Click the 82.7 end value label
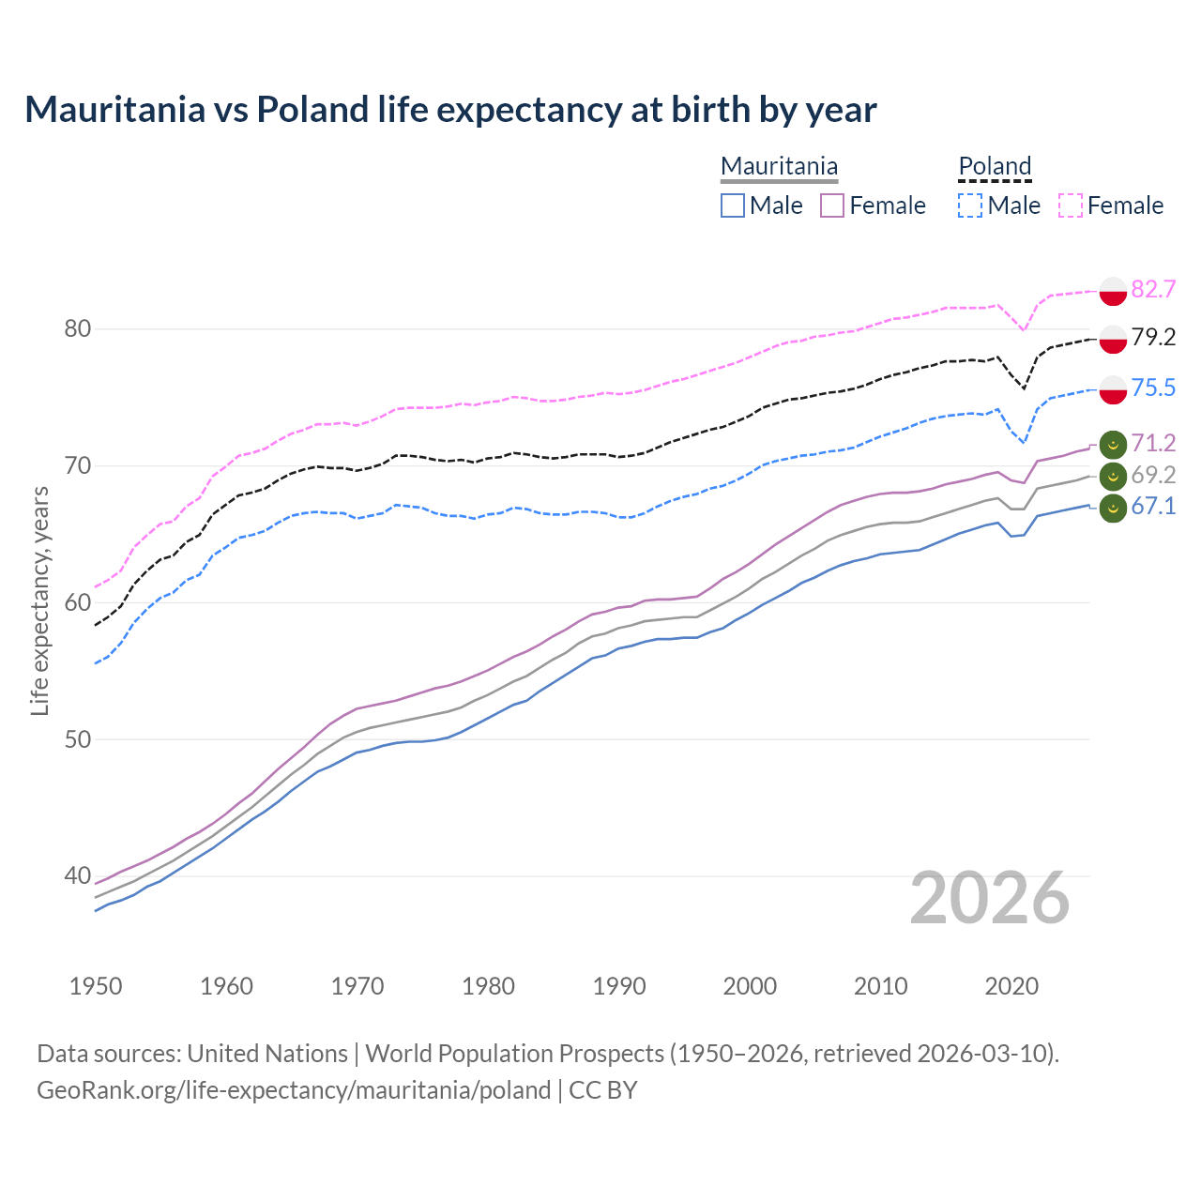(x=1153, y=289)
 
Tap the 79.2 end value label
(x=1153, y=337)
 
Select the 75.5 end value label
(x=1153, y=388)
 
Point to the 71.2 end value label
(x=1153, y=443)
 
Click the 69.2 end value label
(x=1153, y=475)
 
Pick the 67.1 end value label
(x=1153, y=507)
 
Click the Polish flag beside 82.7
(x=1113, y=291)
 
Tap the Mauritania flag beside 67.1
(x=1113, y=509)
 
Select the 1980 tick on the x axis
(x=488, y=986)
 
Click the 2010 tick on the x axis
(x=880, y=986)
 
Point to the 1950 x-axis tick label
(x=96, y=986)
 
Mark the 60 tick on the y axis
(x=78, y=602)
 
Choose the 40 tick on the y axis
(x=78, y=876)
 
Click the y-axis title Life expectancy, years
(x=39, y=600)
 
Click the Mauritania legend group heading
(x=779, y=167)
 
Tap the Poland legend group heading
(x=995, y=167)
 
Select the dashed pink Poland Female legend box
(x=1071, y=205)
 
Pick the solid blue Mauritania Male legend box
(x=733, y=205)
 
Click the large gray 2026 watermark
(x=990, y=898)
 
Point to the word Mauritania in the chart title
(x=114, y=109)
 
